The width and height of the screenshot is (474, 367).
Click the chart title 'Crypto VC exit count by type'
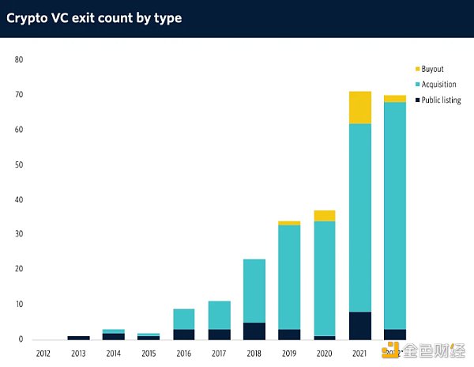pyautogui.click(x=94, y=17)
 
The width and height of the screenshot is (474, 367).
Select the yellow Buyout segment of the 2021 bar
pyautogui.click(x=359, y=108)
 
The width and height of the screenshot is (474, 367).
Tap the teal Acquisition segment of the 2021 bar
pyautogui.click(x=359, y=218)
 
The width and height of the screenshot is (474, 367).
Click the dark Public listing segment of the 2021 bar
pyautogui.click(x=359, y=325)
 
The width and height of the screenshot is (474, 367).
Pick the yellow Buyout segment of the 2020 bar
pyautogui.click(x=325, y=216)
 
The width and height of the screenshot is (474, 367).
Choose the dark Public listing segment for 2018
pyautogui.click(x=254, y=331)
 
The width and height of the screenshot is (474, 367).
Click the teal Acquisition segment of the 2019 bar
pyautogui.click(x=289, y=277)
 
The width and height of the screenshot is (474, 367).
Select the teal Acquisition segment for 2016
pyautogui.click(x=184, y=319)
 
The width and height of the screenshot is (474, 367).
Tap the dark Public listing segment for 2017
pyautogui.click(x=219, y=334)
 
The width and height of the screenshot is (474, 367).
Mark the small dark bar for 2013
pyautogui.click(x=79, y=338)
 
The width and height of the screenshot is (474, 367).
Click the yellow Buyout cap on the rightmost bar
pyautogui.click(x=395, y=99)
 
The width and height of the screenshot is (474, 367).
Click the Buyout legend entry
pyautogui.click(x=431, y=70)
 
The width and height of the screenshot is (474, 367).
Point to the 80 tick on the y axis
pyautogui.click(x=19, y=60)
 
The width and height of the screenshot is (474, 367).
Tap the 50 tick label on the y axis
pyautogui.click(x=19, y=165)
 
